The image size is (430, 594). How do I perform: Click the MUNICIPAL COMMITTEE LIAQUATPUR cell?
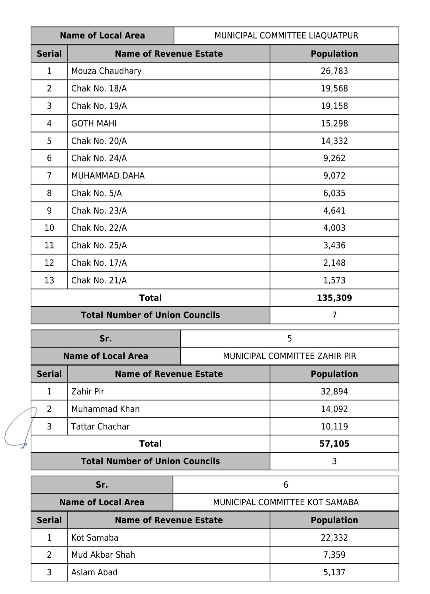tap(286, 35)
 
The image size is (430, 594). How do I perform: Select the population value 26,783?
tap(334, 71)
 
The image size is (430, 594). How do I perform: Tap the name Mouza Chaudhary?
tap(106, 71)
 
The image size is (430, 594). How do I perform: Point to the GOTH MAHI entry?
tap(94, 124)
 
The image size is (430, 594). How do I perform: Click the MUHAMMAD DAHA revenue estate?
tap(108, 176)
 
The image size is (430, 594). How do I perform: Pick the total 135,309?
tap(334, 298)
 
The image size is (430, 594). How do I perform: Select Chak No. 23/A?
tap(99, 211)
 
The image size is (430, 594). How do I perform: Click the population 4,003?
tap(334, 228)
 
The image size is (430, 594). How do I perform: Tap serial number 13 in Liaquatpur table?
tap(49, 280)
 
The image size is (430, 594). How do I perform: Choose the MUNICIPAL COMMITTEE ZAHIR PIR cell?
tap(289, 356)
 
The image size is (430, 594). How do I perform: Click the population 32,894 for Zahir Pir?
tap(334, 392)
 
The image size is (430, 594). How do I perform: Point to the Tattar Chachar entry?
tap(100, 427)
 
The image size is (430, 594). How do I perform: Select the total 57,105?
tap(334, 444)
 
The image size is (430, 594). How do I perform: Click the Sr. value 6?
tap(285, 485)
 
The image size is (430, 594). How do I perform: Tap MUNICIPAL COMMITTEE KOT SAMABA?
tap(285, 502)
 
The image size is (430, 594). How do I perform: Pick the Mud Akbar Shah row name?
tap(103, 555)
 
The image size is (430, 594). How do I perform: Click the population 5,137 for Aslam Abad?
tap(334, 572)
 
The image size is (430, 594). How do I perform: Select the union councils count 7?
tap(334, 315)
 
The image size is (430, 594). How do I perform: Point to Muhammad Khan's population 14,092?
tap(334, 409)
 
